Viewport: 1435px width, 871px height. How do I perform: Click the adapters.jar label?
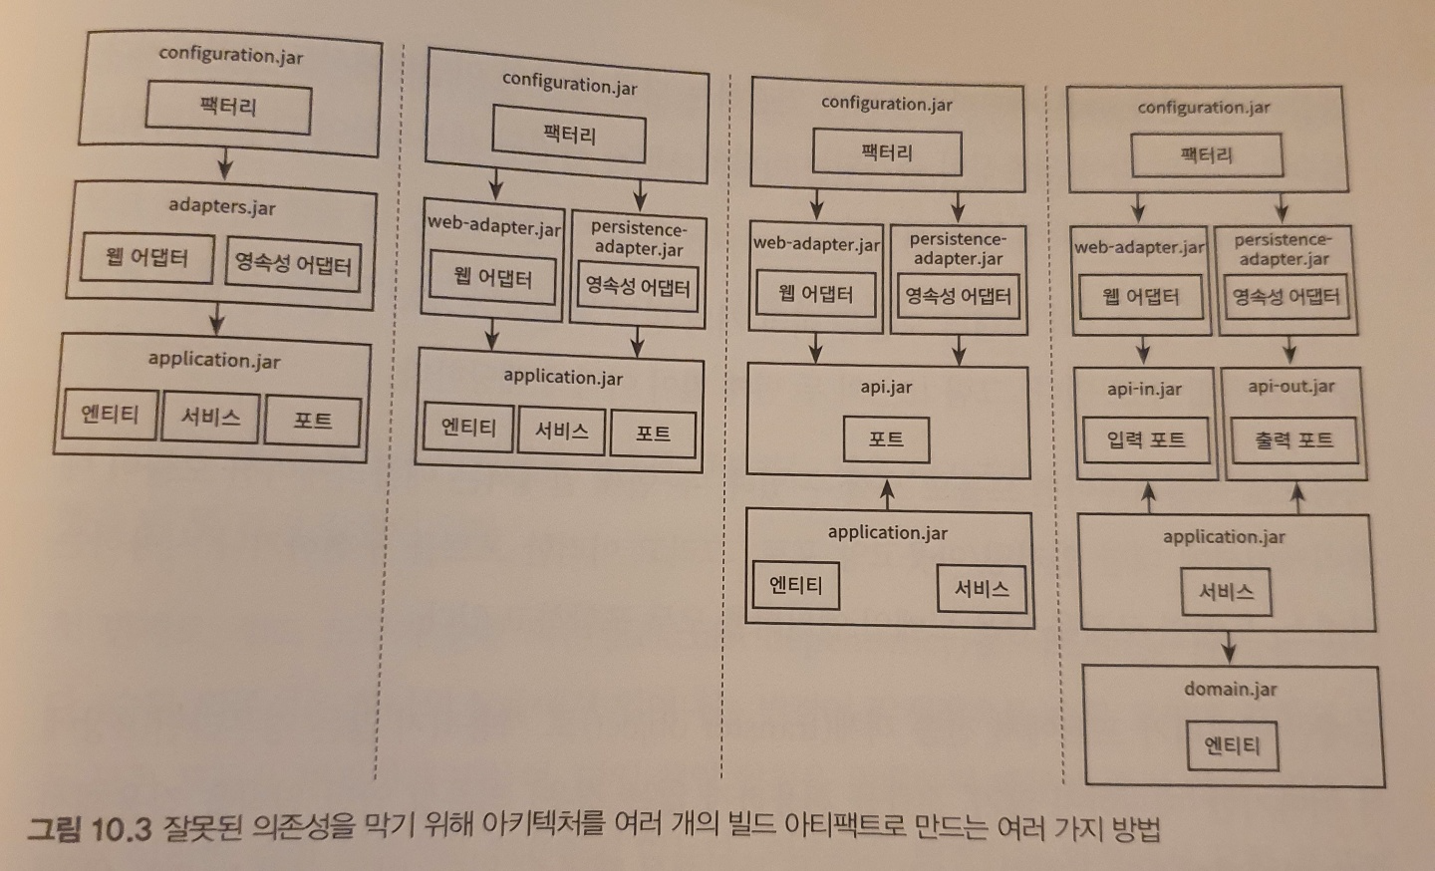[x=221, y=206]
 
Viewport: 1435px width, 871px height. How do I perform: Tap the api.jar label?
[x=886, y=387]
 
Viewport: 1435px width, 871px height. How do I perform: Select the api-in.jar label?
[x=1144, y=389]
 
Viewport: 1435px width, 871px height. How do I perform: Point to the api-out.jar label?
[x=1291, y=386]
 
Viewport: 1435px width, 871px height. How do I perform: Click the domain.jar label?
[x=1230, y=689]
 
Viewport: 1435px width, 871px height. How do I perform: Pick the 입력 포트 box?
[x=1145, y=439]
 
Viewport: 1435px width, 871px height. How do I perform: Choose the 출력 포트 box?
[x=1293, y=439]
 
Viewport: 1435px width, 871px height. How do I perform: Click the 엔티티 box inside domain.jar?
[x=1232, y=745]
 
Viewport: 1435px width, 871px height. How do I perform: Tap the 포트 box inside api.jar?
[x=886, y=438]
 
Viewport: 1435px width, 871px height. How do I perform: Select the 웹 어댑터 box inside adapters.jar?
[x=146, y=258]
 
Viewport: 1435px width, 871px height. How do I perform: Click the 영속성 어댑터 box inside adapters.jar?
[x=293, y=264]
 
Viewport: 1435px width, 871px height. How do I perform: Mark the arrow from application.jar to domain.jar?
[x=1229, y=648]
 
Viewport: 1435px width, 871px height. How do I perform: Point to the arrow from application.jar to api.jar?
[x=887, y=494]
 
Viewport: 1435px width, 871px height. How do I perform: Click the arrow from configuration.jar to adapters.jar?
[x=225, y=164]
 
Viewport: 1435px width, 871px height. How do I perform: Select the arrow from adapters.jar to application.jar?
[x=216, y=320]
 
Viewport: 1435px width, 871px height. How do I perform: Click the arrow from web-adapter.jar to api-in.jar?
[x=1143, y=350]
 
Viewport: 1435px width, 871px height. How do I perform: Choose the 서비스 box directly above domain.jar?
[x=1226, y=592]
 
